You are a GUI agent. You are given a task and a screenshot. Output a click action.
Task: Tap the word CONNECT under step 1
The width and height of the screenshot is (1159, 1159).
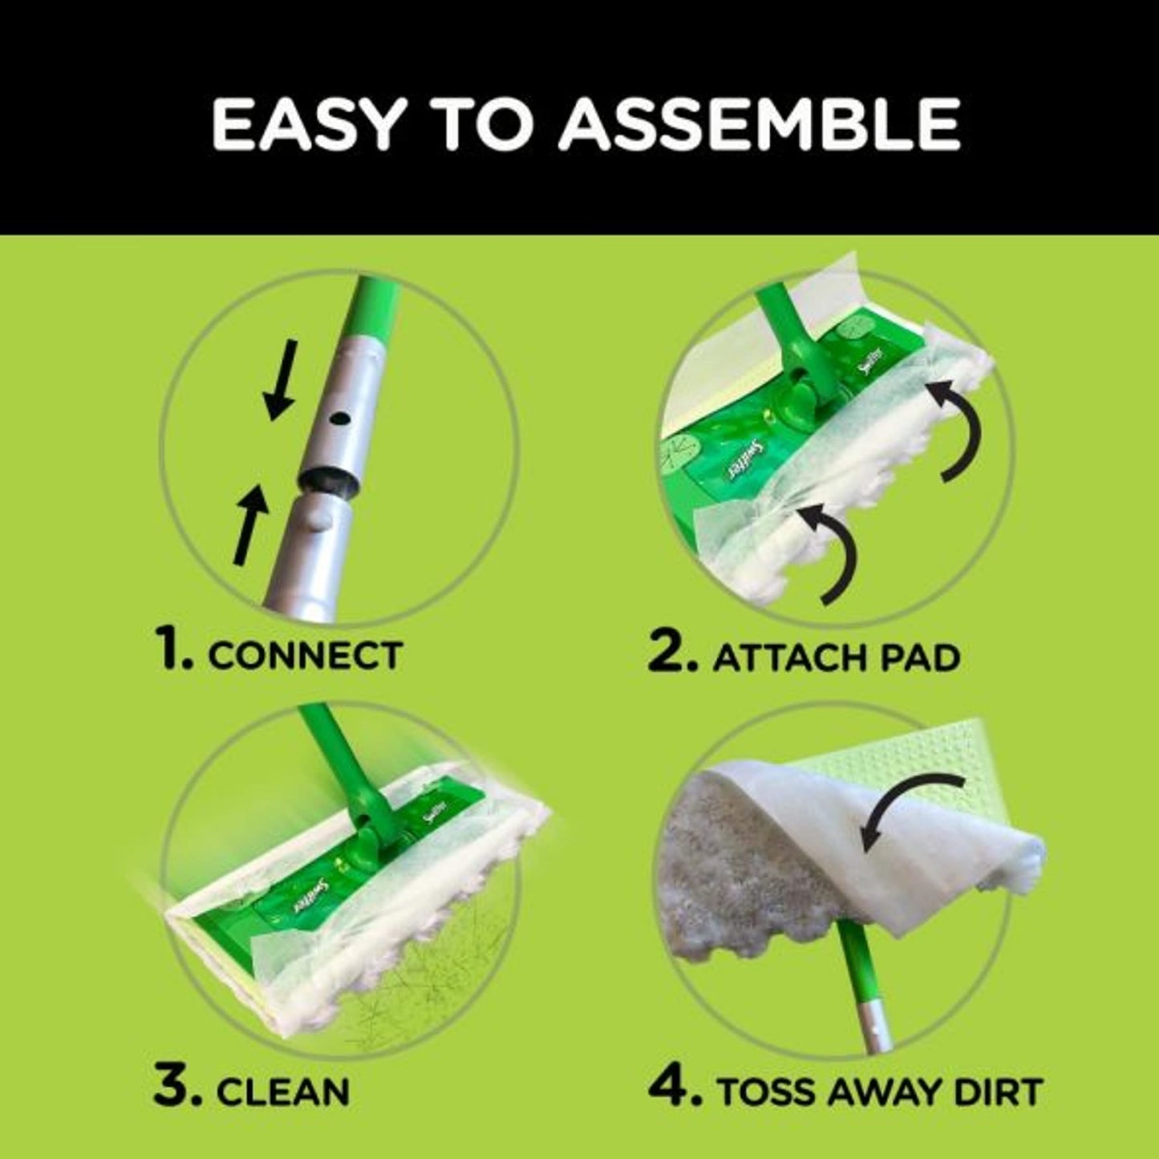[x=306, y=655]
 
